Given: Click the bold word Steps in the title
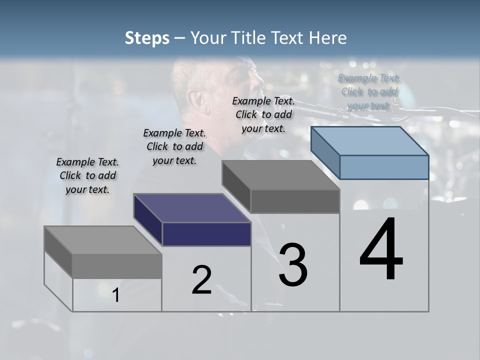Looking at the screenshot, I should click(x=147, y=38).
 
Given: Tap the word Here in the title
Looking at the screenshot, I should click(x=327, y=38).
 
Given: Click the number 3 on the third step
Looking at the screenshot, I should click(x=293, y=264).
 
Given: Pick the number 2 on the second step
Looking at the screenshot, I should click(x=201, y=280).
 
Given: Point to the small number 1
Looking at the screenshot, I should click(x=115, y=295).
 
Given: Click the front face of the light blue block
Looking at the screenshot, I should click(x=383, y=167).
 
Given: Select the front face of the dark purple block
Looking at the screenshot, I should click(x=206, y=234).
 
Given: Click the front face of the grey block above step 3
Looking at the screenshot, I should click(x=294, y=201).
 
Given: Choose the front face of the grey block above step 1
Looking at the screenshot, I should click(x=116, y=266).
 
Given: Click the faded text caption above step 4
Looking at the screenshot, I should click(x=369, y=91).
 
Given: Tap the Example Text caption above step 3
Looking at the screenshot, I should click(x=263, y=114).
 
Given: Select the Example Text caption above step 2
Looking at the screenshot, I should click(x=174, y=146).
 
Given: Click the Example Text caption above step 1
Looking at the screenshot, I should click(x=87, y=175).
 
